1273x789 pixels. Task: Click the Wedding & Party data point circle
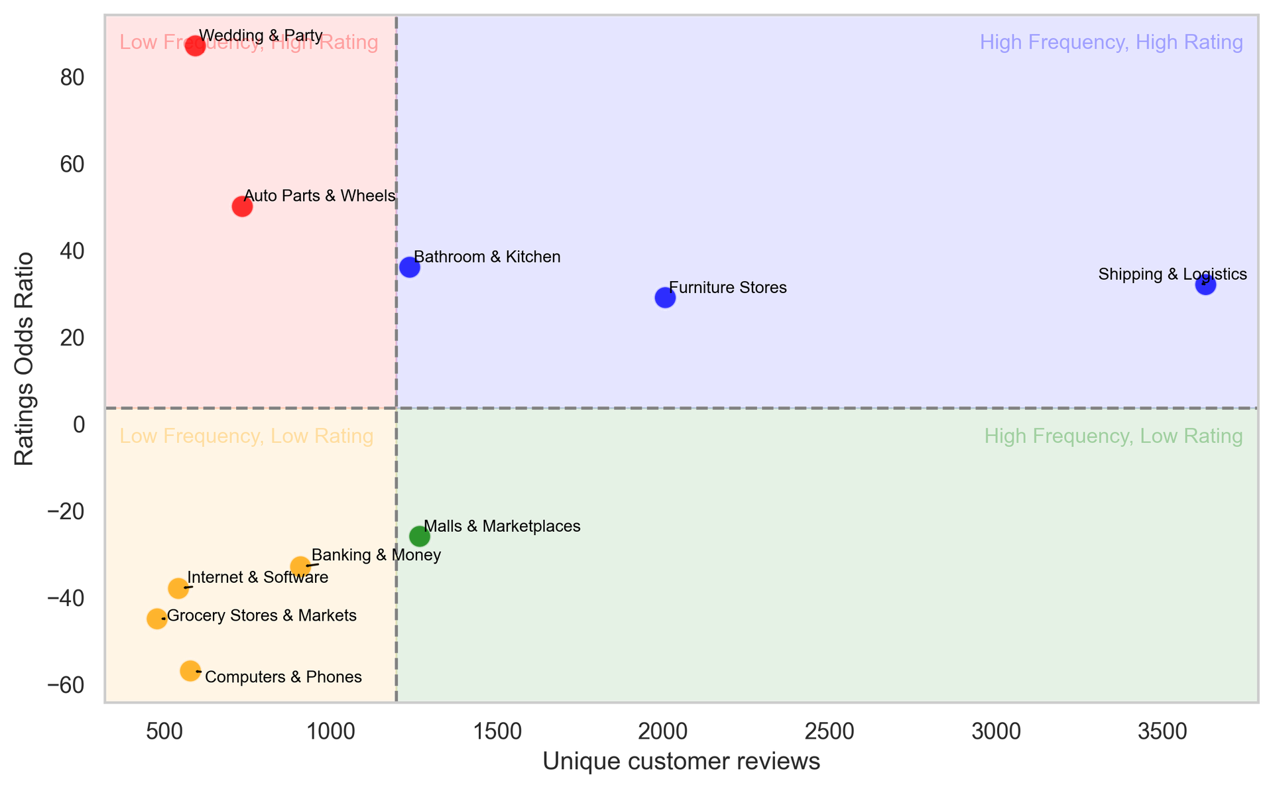[195, 46]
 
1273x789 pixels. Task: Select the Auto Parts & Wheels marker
[242, 206]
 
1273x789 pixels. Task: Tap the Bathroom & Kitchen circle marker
[410, 267]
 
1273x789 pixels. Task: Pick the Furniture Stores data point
[665, 298]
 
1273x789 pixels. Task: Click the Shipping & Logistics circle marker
[1205, 285]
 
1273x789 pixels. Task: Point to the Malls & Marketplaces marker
[420, 536]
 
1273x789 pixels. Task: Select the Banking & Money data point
[300, 566]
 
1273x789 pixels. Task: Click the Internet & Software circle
[178, 587]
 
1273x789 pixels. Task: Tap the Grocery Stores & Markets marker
[156, 619]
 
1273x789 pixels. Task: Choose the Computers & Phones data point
[190, 671]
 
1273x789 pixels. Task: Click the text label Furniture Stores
[727, 288]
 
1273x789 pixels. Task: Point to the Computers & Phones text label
[283, 677]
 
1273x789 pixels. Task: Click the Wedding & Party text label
[261, 36]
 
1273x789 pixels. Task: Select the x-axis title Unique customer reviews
[681, 762]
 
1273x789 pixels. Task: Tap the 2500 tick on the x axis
[829, 732]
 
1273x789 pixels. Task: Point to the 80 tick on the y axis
[72, 78]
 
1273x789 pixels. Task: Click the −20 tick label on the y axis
[66, 512]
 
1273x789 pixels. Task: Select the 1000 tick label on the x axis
[330, 732]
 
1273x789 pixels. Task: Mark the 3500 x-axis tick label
[1162, 732]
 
